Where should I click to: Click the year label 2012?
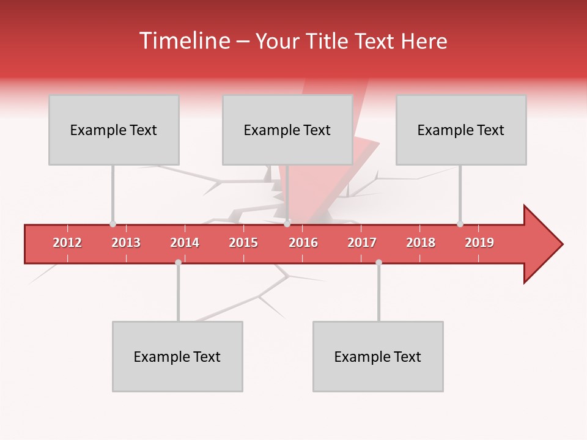67,243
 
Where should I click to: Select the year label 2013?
126,243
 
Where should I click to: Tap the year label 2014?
185,243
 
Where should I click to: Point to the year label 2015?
243,243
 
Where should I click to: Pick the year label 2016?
303,243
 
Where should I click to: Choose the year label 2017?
362,243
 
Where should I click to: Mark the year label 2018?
421,243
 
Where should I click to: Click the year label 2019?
479,243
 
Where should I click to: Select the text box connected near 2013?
114,130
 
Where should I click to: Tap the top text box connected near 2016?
287,130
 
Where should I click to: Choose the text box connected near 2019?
461,130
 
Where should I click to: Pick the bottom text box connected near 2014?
177,356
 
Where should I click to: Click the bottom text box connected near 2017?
378,356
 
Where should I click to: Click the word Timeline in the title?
184,41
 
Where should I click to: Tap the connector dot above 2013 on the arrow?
113,224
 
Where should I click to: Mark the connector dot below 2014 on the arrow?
178,262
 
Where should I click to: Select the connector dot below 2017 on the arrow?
378,262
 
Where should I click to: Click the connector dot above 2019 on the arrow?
460,224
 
